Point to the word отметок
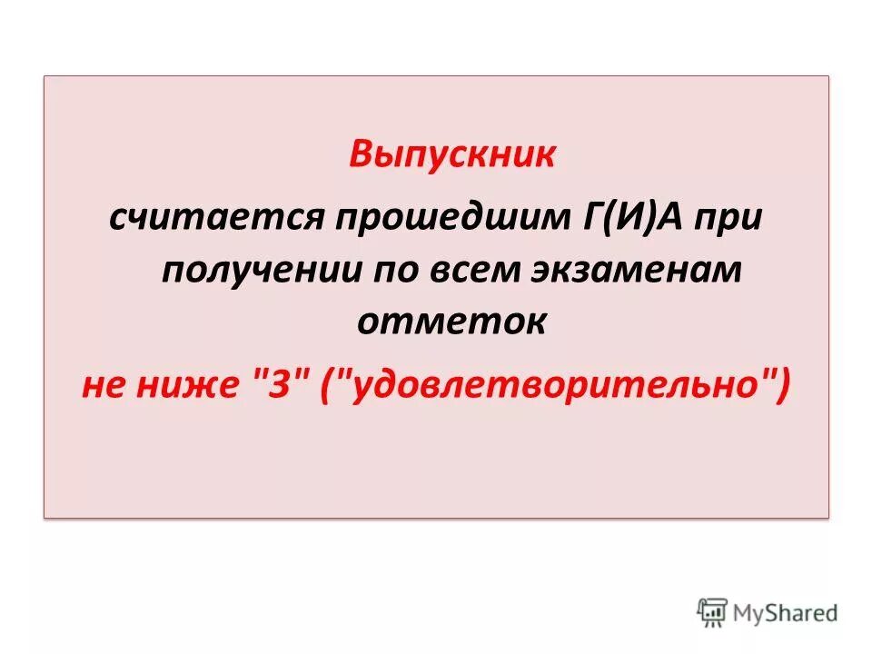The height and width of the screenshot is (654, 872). pos(451,322)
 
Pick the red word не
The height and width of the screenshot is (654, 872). pos(106,387)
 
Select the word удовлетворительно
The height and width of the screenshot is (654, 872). pos(556,387)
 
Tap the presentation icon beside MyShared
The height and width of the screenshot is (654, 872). pos(713,613)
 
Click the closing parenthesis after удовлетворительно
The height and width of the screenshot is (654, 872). pos(783,387)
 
